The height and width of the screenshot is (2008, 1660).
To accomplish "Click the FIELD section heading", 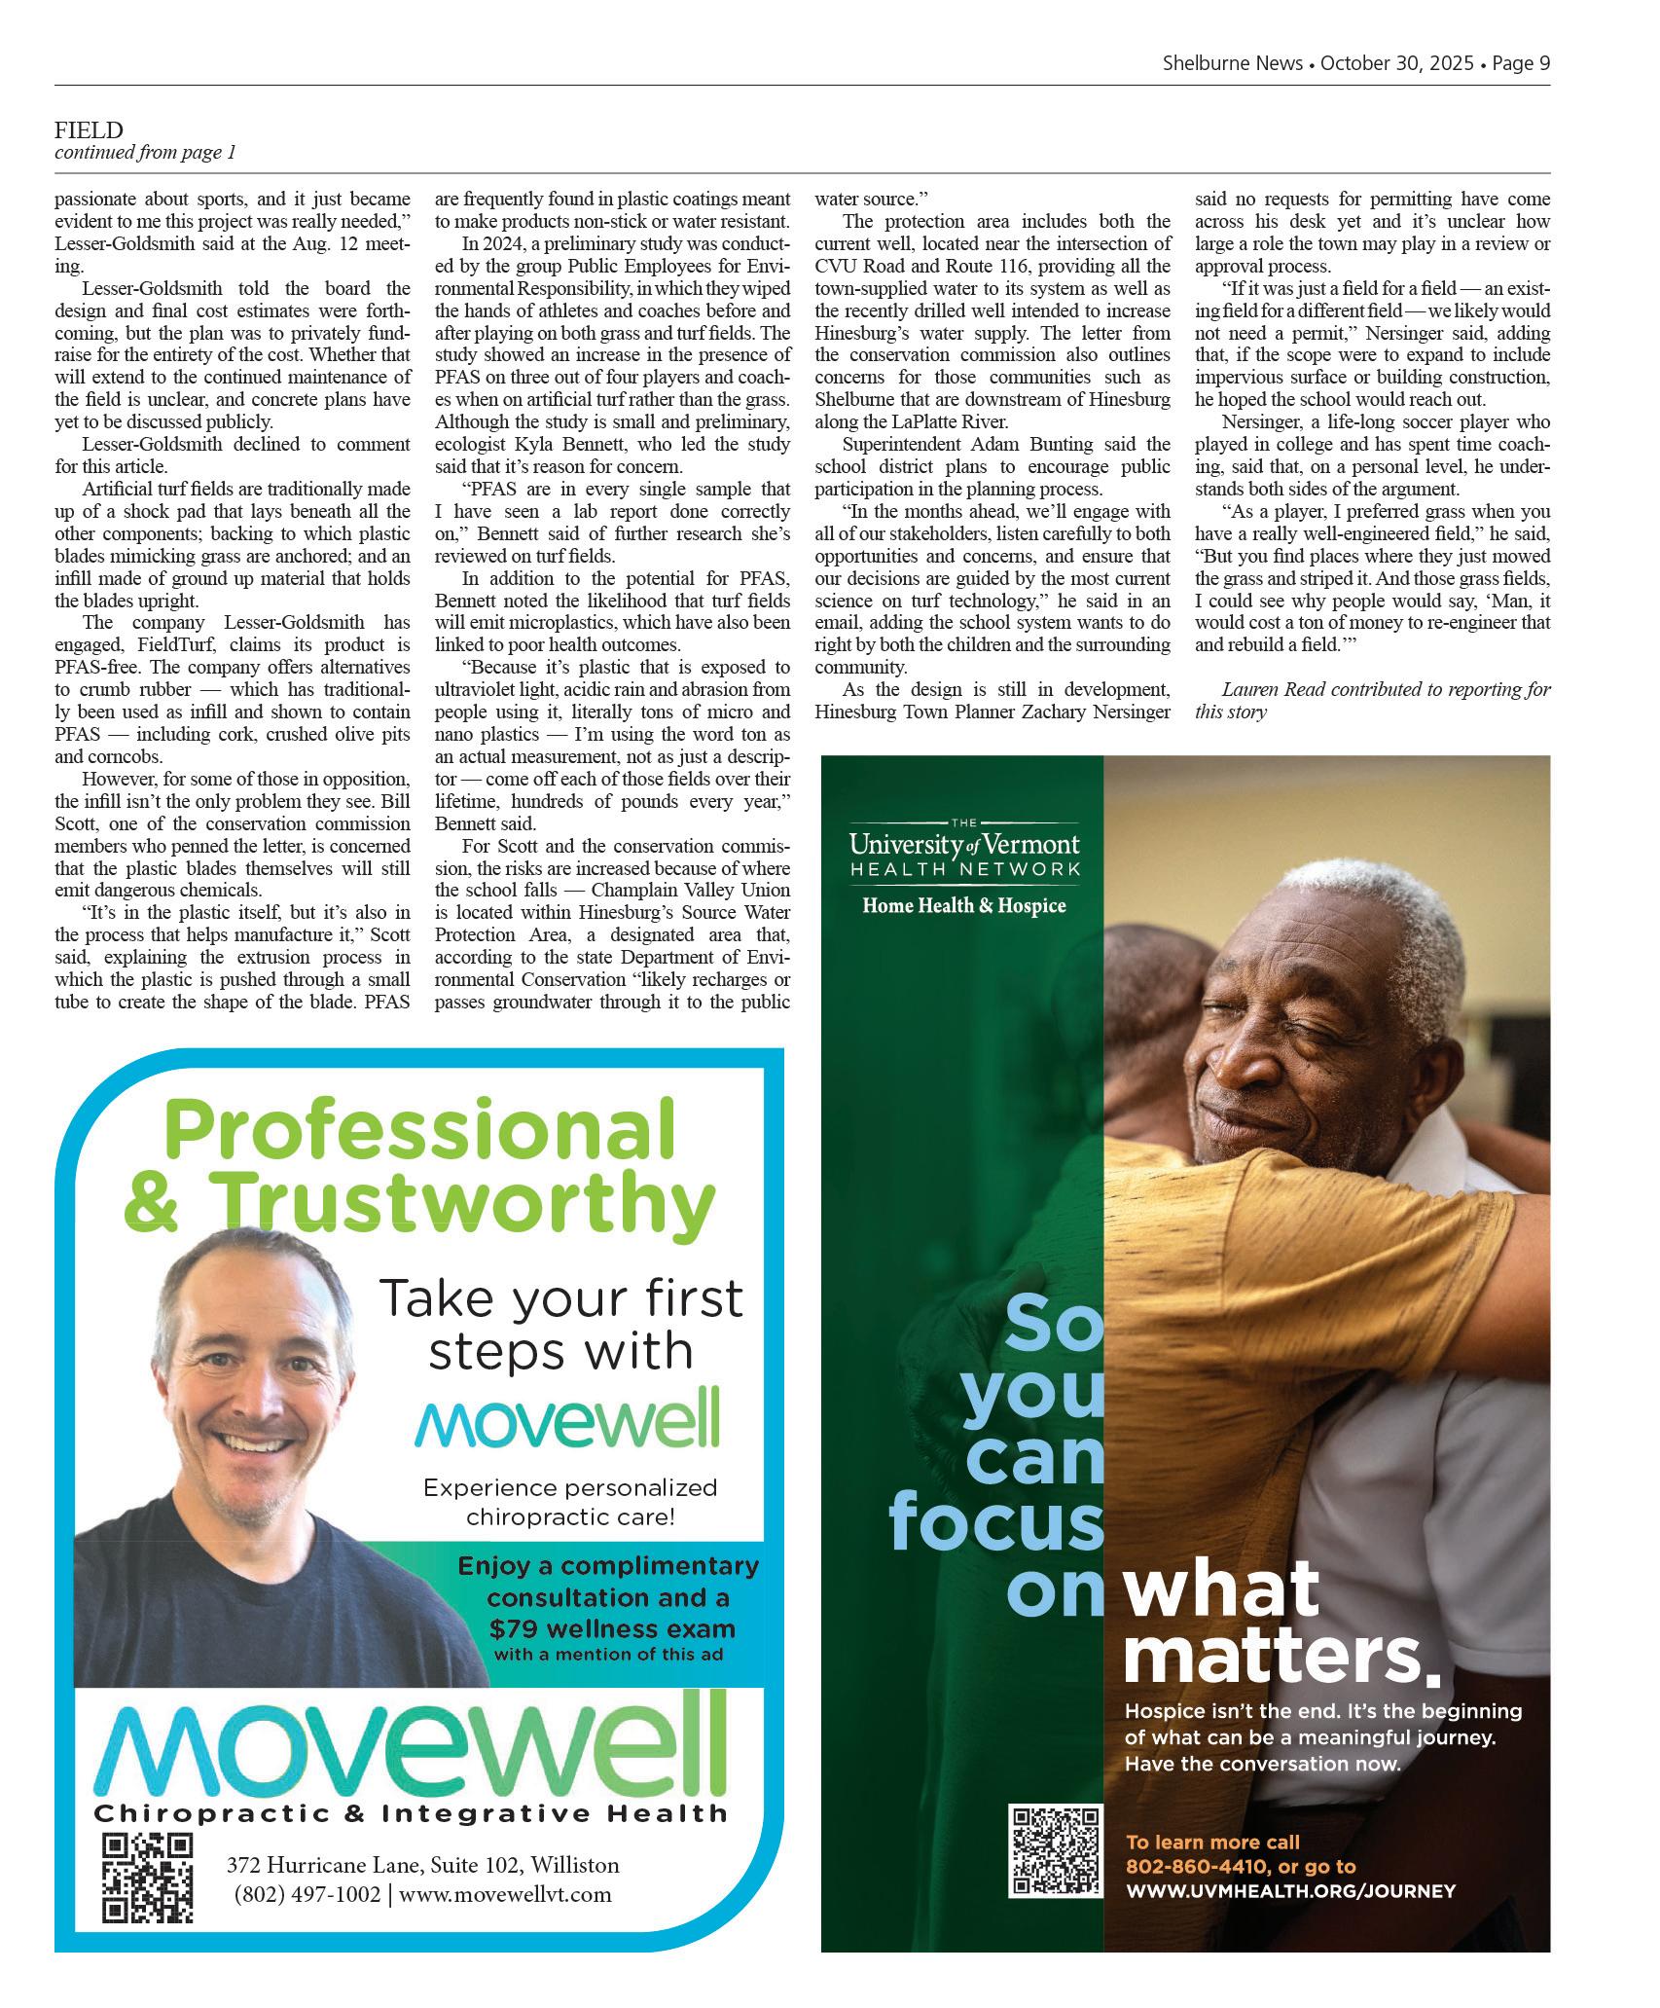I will click(x=89, y=129).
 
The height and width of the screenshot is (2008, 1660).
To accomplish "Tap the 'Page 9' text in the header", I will click(x=1520, y=63).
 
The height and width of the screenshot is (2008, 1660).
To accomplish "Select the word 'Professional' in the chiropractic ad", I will click(x=420, y=1130).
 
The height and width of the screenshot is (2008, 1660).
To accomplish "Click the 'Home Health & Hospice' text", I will click(x=964, y=906).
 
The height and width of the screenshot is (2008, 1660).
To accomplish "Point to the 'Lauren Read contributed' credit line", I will click(x=1386, y=690).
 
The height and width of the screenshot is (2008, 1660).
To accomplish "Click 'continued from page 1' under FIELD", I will click(x=145, y=153).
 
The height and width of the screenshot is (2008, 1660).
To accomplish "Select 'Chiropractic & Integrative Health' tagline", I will click(x=411, y=1813).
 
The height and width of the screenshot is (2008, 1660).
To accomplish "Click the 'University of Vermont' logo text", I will click(x=963, y=843).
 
